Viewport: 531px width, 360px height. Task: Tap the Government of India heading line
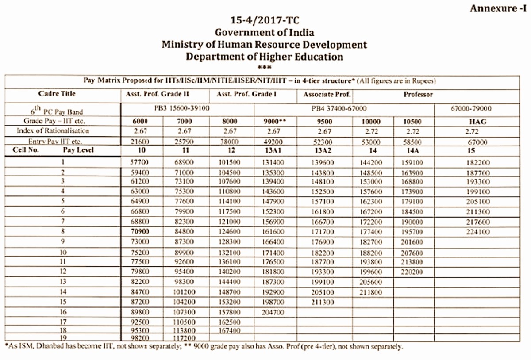[x=265, y=33]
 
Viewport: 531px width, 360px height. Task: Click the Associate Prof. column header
[x=327, y=94]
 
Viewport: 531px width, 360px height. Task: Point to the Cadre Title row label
[x=57, y=93]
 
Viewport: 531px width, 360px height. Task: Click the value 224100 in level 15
[x=478, y=232]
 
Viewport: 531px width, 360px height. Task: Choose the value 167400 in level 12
[x=229, y=331]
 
